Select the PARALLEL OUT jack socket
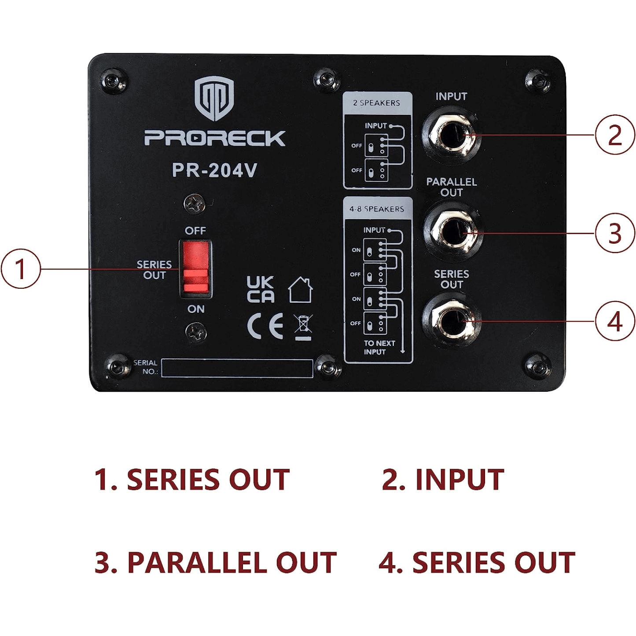point(451,232)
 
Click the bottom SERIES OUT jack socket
point(451,321)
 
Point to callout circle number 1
point(21,269)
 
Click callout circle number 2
point(615,135)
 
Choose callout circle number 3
point(615,233)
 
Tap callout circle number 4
point(615,321)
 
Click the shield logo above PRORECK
point(214,98)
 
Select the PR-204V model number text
point(214,170)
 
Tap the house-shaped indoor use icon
point(300,290)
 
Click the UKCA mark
point(260,290)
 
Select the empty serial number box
point(237,368)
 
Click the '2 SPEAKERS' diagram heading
point(377,103)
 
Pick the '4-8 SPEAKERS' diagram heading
point(377,209)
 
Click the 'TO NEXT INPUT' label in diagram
point(379,347)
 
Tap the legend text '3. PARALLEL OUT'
point(216,562)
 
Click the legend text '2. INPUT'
point(443,479)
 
